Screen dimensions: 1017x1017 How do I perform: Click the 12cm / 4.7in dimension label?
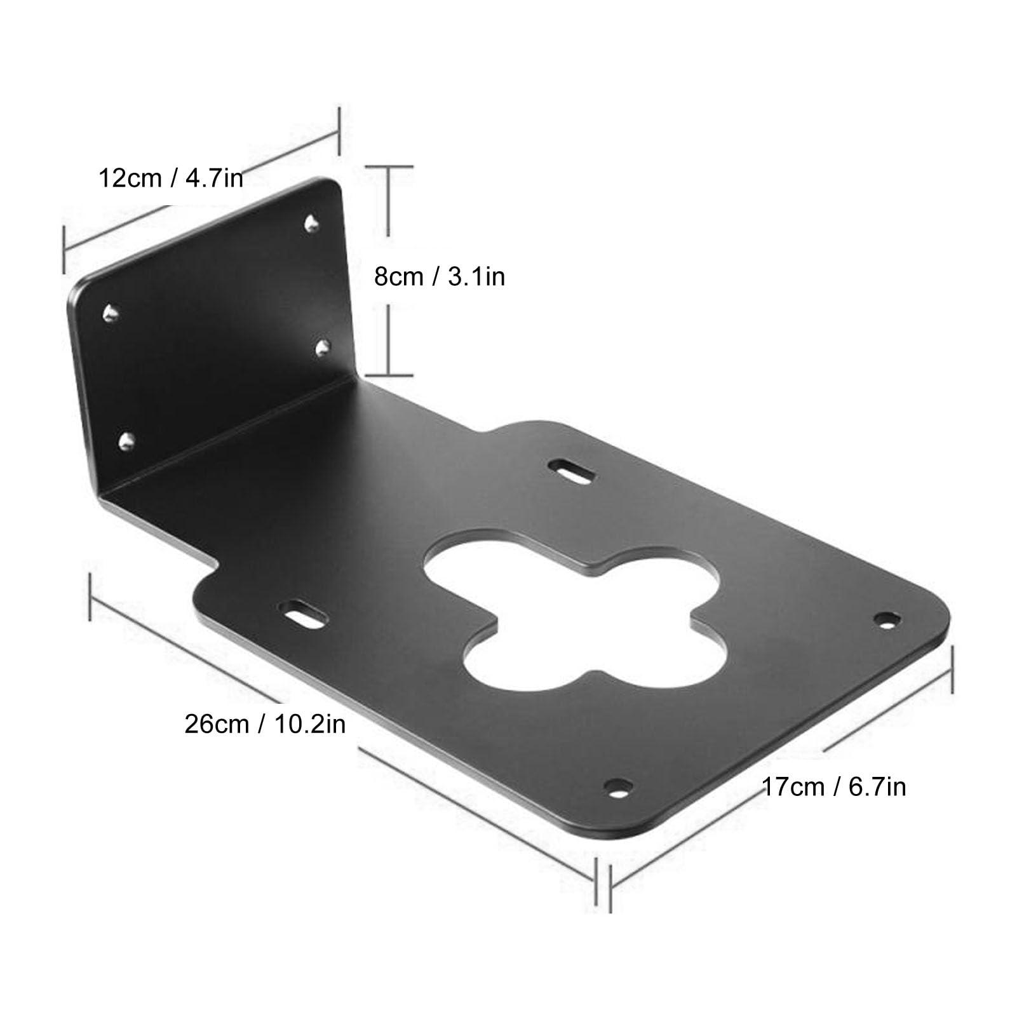click(170, 178)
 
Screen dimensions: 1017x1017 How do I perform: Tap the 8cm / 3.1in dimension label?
click(439, 277)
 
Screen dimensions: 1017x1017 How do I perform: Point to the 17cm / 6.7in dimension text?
click(833, 787)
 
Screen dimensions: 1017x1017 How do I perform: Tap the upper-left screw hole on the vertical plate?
click(111, 311)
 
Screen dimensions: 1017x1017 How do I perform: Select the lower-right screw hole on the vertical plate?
click(323, 347)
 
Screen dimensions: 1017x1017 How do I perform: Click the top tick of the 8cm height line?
click(388, 167)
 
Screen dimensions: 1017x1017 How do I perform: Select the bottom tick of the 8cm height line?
click(388, 375)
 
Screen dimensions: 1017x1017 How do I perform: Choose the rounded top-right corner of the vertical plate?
click(335, 185)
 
